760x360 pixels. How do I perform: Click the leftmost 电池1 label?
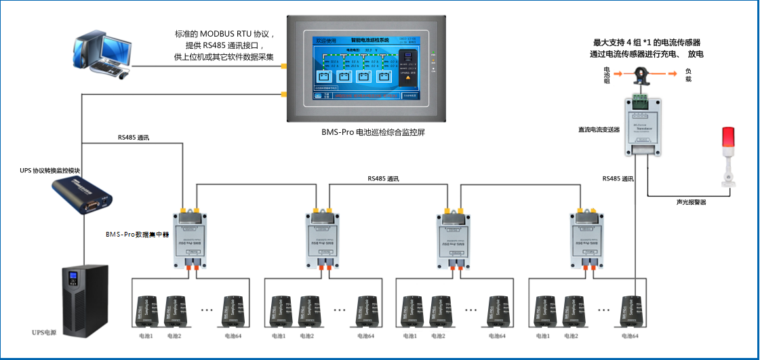pos(146,336)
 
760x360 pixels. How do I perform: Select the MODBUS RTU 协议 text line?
pos(224,34)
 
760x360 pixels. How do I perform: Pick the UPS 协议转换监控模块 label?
pos(50,169)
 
